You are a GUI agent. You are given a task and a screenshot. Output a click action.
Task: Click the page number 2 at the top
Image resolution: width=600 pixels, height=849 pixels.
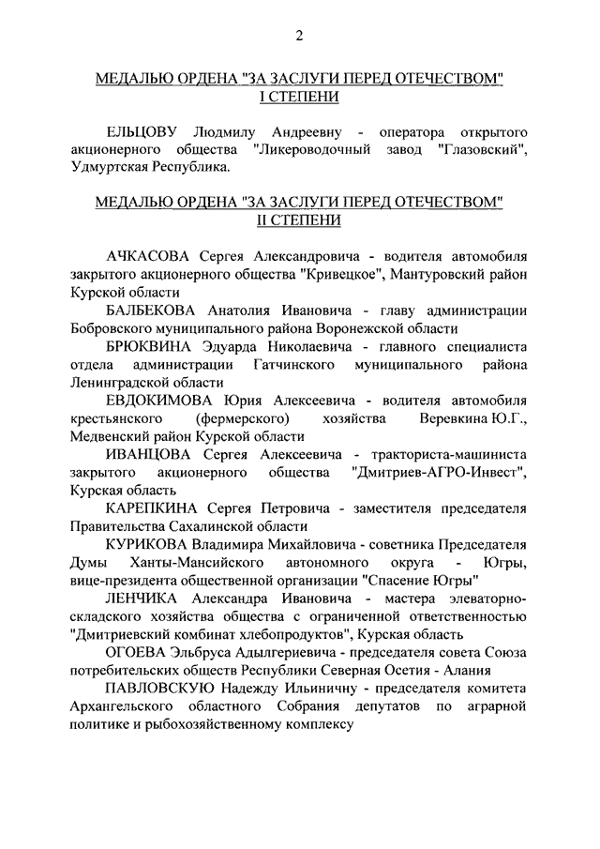point(299,37)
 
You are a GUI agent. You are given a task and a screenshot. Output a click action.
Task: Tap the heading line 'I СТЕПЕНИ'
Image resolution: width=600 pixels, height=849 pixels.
point(299,98)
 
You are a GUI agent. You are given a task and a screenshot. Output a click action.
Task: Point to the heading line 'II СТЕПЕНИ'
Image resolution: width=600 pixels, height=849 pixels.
point(299,220)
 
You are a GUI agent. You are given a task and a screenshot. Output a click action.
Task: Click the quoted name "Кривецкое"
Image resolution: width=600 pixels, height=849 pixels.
point(341,275)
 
